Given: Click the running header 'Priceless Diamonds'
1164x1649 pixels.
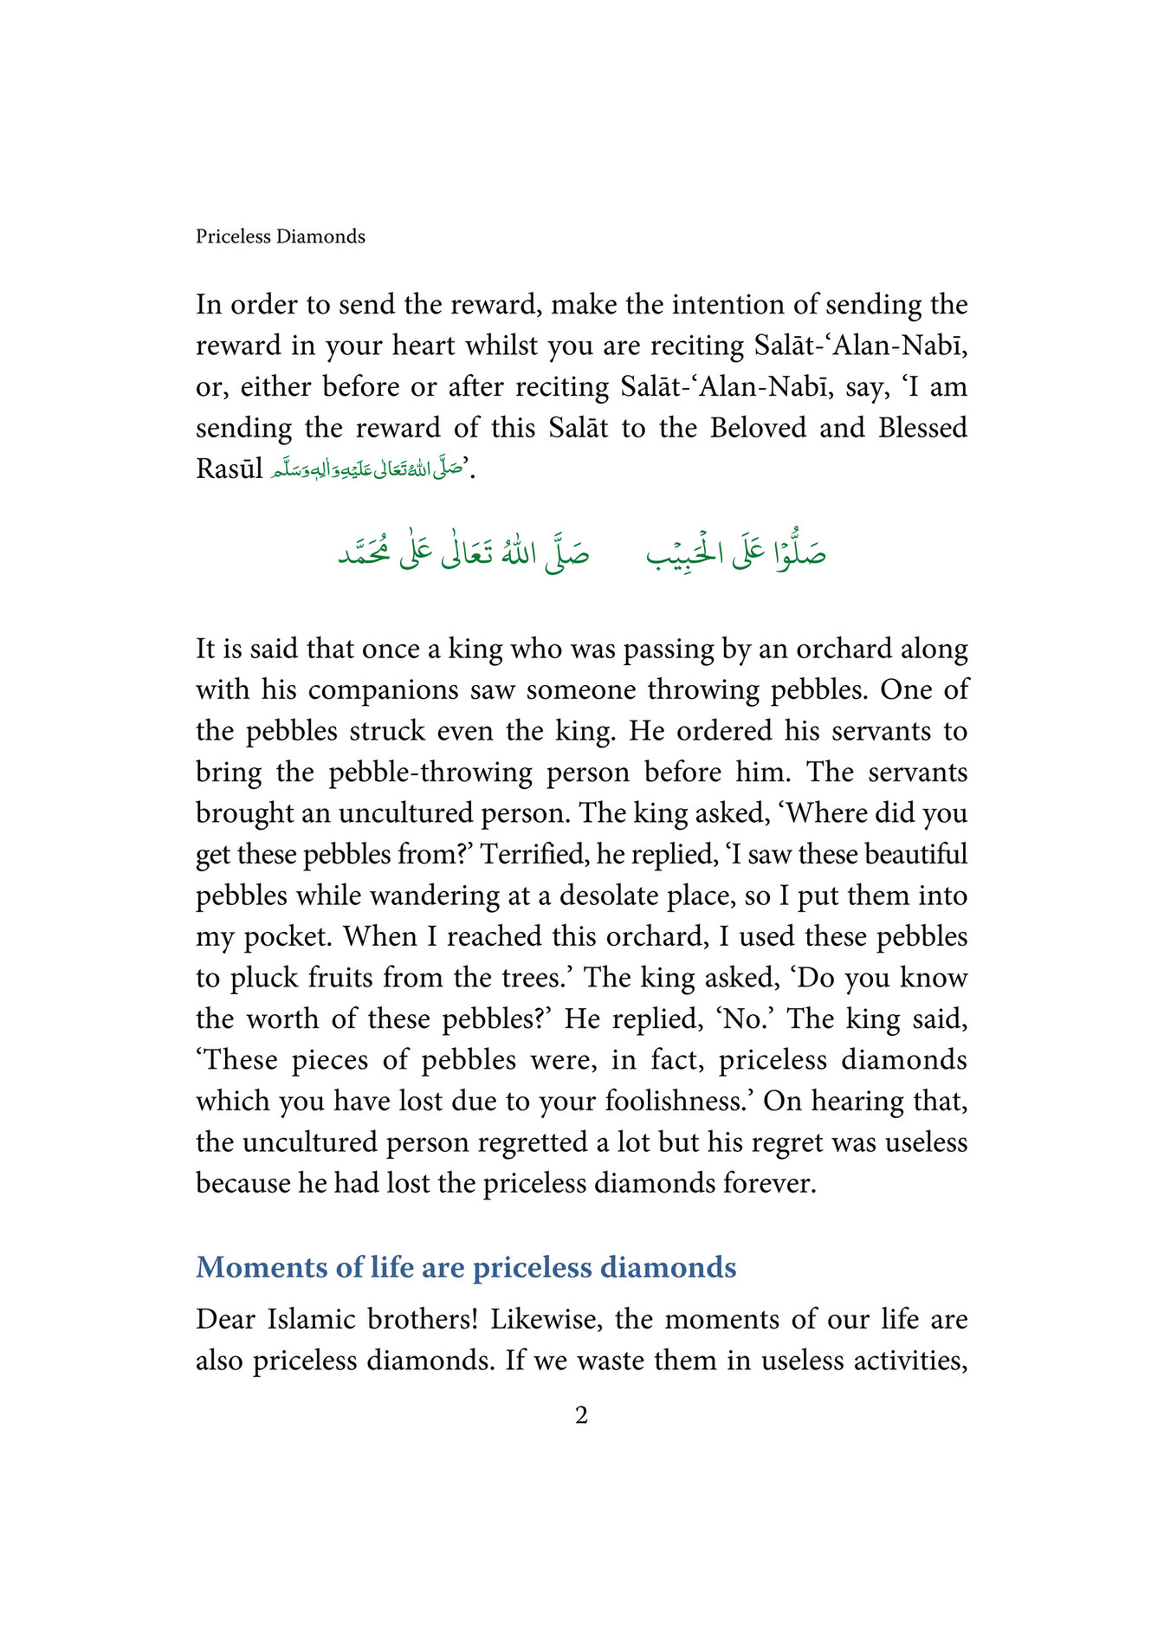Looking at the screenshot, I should [280, 236].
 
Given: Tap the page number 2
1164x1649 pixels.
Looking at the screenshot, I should [581, 1416].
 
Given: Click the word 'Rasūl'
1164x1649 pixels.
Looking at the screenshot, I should [229, 469].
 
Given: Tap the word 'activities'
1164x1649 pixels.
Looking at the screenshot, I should [909, 1361].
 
